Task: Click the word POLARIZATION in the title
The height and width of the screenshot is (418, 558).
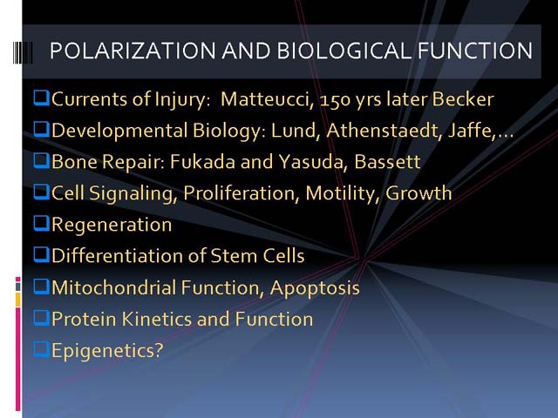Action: pos(133,51)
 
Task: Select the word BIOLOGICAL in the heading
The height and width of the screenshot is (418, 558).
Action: pos(344,51)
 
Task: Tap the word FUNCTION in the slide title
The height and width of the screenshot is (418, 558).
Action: pos(475,51)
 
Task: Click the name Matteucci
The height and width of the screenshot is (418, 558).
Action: pos(268,98)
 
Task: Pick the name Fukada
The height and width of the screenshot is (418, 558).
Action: pos(202,161)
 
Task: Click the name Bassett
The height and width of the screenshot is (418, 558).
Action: pos(387,161)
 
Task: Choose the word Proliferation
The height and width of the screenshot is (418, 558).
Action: pos(239,193)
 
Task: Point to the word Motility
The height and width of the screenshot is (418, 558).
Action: pos(341,193)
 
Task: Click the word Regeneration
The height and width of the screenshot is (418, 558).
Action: pos(112,225)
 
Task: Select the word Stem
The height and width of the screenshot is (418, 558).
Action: pos(234,255)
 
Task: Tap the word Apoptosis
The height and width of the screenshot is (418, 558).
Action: pos(315,288)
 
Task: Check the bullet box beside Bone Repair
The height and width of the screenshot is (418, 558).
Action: pos(42,160)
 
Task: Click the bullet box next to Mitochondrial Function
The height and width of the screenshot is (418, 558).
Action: pos(42,287)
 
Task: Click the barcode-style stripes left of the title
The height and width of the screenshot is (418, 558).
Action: pos(23,52)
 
